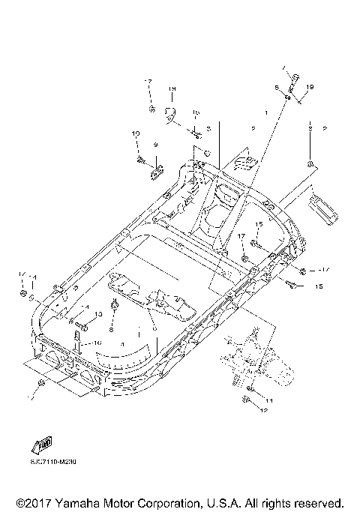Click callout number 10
pyautogui.click(x=136, y=133)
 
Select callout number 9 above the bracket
pyautogui.click(x=156, y=144)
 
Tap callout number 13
pyautogui.click(x=97, y=314)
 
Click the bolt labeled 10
pyautogui.click(x=140, y=157)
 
